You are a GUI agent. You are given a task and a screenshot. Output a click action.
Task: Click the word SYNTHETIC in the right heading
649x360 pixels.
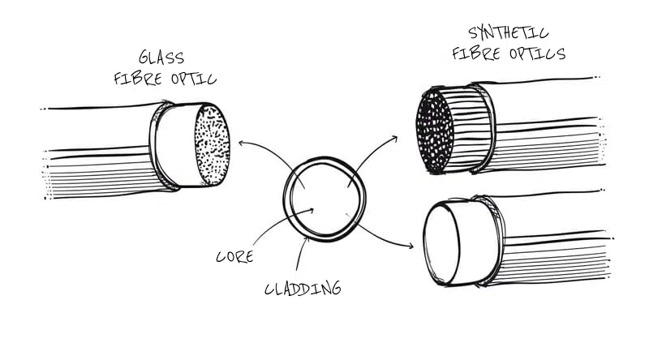coord(509,34)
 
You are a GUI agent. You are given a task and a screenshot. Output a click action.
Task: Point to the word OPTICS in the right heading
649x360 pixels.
coord(536,54)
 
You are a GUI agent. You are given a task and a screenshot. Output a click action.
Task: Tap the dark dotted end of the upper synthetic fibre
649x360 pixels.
coord(435,131)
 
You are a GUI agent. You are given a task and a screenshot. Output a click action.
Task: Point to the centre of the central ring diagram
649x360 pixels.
coord(324,197)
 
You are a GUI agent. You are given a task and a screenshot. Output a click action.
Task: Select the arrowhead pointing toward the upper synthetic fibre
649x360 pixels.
coord(395,137)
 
